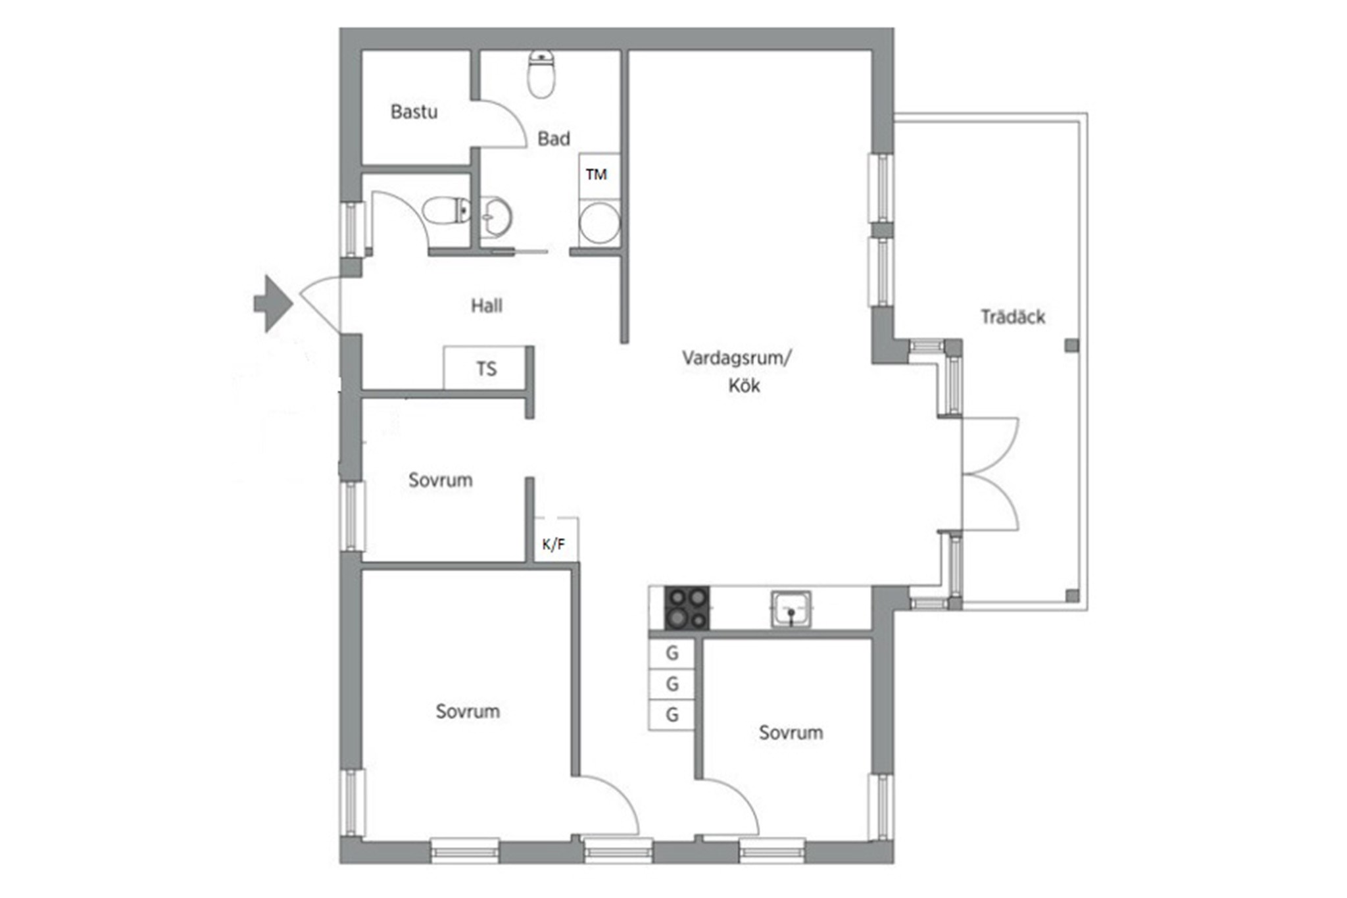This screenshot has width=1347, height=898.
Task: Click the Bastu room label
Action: pyautogui.click(x=414, y=112)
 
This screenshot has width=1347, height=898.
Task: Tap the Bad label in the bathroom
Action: pyautogui.click(x=554, y=139)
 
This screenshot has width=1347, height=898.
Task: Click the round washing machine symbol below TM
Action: pyautogui.click(x=599, y=222)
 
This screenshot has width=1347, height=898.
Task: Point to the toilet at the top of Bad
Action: pyautogui.click(x=543, y=74)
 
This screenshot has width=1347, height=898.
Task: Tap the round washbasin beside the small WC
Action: pyautogui.click(x=496, y=216)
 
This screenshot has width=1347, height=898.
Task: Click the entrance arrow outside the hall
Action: pyautogui.click(x=273, y=303)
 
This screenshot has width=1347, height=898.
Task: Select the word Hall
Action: pyautogui.click(x=487, y=306)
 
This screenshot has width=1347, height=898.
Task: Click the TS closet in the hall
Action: pyautogui.click(x=485, y=368)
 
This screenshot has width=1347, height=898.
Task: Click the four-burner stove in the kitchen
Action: pyautogui.click(x=687, y=608)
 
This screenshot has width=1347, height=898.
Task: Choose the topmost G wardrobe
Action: pyautogui.click(x=672, y=654)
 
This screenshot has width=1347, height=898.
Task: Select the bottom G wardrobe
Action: pyautogui.click(x=672, y=715)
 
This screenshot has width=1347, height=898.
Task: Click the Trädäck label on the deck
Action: pyautogui.click(x=1013, y=317)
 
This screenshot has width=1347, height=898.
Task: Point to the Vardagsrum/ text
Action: pyautogui.click(x=737, y=359)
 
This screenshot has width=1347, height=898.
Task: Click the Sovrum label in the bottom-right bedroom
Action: pyautogui.click(x=791, y=733)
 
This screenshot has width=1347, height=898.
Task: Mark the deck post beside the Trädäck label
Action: pyautogui.click(x=1072, y=345)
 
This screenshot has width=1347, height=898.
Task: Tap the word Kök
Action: pyautogui.click(x=744, y=386)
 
